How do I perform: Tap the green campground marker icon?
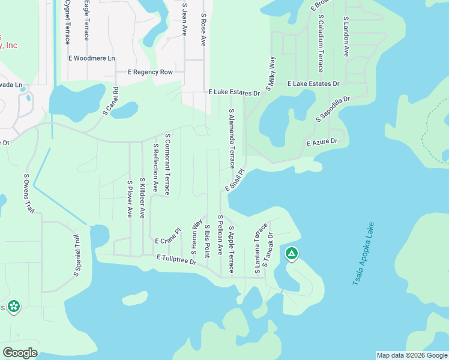291,254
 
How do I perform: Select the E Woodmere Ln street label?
92,58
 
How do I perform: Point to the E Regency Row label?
151,72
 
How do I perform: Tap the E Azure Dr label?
322,142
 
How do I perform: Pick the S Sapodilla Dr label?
333,108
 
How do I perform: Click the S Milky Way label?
271,71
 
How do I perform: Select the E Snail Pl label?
235,180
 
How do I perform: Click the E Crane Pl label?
167,236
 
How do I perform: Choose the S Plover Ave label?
129,198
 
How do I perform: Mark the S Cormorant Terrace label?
167,164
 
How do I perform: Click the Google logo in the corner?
20,353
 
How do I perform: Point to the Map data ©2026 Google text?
412,355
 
